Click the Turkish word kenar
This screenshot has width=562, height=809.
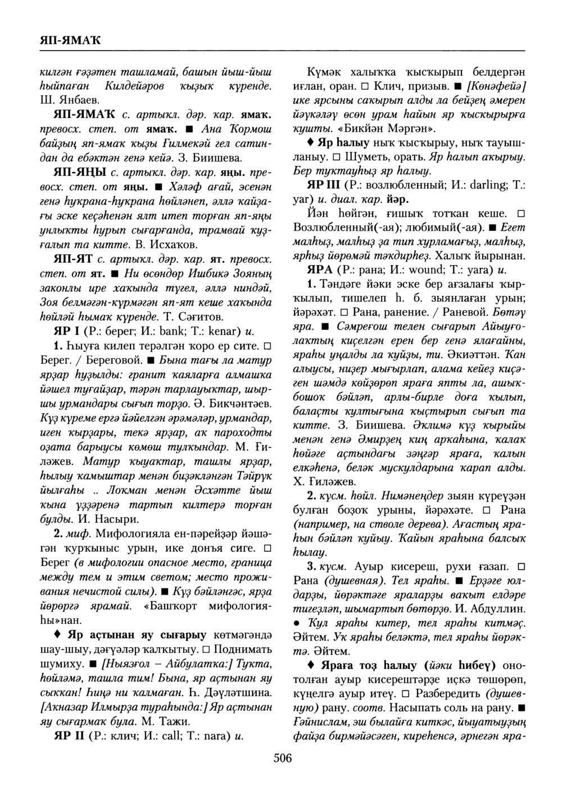coord(221,332)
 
